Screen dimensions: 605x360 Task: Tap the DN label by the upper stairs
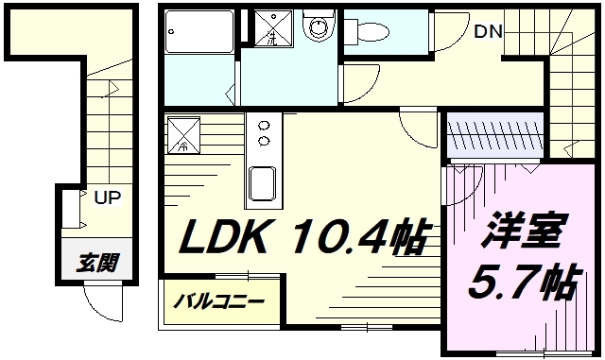(488, 31)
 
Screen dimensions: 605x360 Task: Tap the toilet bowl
(376, 29)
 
